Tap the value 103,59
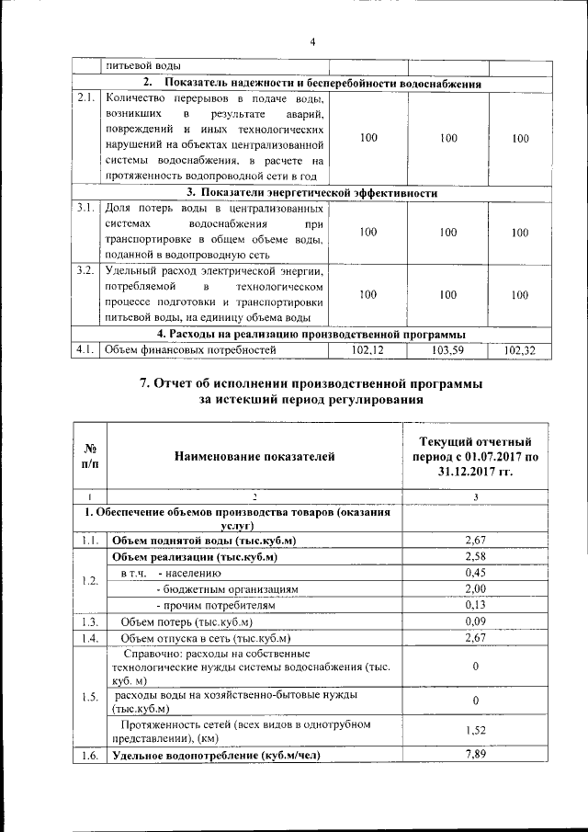[x=448, y=350]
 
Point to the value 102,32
[x=520, y=350]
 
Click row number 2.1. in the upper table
[x=86, y=97]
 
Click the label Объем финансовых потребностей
[x=190, y=350]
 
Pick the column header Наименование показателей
[x=255, y=455]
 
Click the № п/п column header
[x=91, y=455]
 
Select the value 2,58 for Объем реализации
[x=474, y=556]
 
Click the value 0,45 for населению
[x=474, y=573]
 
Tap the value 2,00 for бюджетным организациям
[x=474, y=588]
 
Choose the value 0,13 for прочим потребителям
[x=474, y=605]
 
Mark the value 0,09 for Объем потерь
[x=474, y=621]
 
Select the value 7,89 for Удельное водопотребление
[x=474, y=756]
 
